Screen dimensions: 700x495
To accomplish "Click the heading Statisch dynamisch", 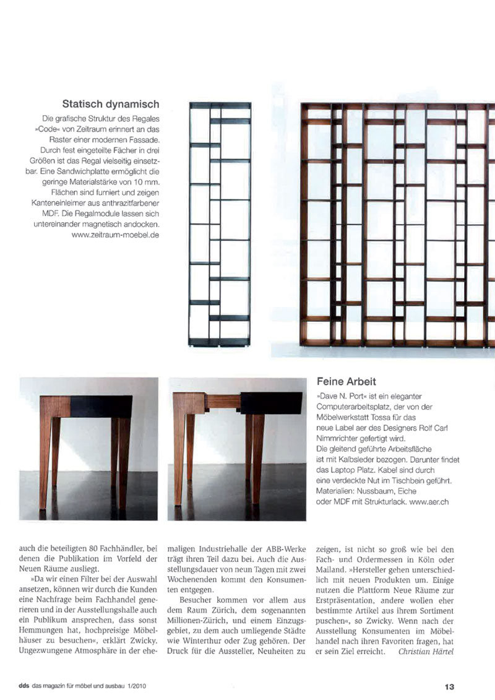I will point(111,104).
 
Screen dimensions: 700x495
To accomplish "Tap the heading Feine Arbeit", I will point(346,382).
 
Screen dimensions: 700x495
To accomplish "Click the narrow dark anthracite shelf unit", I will point(220,223).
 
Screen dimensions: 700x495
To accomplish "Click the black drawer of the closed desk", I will point(101,406).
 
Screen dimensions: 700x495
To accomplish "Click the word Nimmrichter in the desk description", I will point(342,438).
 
